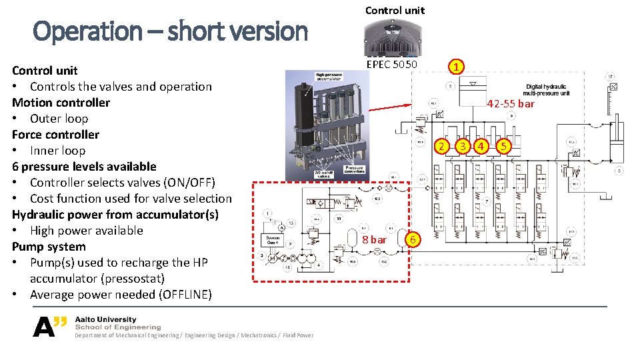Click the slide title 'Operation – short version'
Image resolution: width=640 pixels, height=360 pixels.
point(170,31)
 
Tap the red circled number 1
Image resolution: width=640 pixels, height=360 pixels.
point(455,67)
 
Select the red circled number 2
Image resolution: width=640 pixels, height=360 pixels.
point(440,146)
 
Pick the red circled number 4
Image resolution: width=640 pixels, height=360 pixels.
point(481,146)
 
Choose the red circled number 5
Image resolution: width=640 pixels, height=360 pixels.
point(505,146)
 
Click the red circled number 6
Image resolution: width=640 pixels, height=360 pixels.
point(413,239)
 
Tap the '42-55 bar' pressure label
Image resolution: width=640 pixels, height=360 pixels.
point(511,103)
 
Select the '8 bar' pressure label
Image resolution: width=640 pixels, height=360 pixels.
point(374,239)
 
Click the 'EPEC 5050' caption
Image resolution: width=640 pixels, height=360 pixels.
point(392,64)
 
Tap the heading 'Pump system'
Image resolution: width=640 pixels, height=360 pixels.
point(49,246)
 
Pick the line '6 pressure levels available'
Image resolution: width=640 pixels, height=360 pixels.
point(84,166)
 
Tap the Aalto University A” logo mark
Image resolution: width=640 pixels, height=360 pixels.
point(51,325)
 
